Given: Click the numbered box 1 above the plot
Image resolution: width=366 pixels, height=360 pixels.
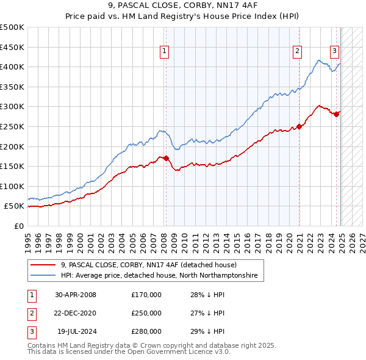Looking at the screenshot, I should point(165,52).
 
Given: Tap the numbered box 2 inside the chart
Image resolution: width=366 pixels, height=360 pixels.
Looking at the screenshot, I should point(297,52).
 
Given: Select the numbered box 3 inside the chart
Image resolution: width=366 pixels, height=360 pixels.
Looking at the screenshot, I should point(335,52).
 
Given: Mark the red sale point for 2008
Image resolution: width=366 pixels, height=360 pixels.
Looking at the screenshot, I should point(166,159).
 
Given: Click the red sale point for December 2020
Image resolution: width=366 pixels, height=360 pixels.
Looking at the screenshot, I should point(300,126).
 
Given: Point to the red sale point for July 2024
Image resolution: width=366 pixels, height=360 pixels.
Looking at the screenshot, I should point(336,114).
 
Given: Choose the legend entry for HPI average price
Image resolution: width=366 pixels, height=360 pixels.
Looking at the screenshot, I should point(159,276).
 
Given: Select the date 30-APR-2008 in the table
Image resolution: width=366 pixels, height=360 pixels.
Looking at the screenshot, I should point(76,295).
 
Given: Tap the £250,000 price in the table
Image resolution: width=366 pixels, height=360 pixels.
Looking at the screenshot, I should point(146,313).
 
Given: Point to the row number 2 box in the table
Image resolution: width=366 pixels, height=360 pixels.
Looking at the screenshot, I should point(30,313).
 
